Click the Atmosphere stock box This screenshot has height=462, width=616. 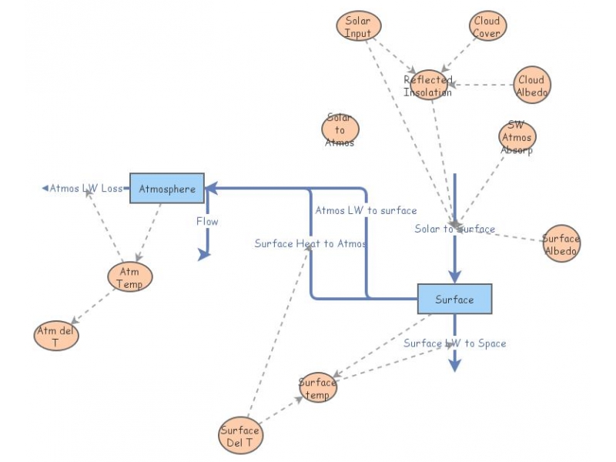tap(166, 188)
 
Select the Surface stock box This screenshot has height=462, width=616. tap(454, 299)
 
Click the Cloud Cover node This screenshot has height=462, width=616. tap(487, 27)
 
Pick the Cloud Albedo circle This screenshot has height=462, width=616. tap(531, 85)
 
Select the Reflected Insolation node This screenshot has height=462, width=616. tap(428, 85)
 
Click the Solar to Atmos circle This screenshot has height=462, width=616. tap(340, 130)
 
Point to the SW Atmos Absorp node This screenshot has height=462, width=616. tap(517, 138)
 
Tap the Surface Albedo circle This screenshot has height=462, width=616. tap(561, 244)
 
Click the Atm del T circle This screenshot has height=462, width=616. tap(56, 336)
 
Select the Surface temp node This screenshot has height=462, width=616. tap(317, 388)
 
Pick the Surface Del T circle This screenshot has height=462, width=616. tap(240, 437)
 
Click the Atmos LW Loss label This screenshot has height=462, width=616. tap(85, 188)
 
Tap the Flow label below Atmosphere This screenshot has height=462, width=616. tap(206, 222)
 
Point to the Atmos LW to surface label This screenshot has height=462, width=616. tap(366, 210)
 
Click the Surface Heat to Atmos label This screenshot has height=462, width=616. tap(310, 243)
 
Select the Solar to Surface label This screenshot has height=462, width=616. tap(454, 229)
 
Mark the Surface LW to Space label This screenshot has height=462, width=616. tap(454, 343)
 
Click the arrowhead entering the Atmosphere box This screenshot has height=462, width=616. tap(210, 188)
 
